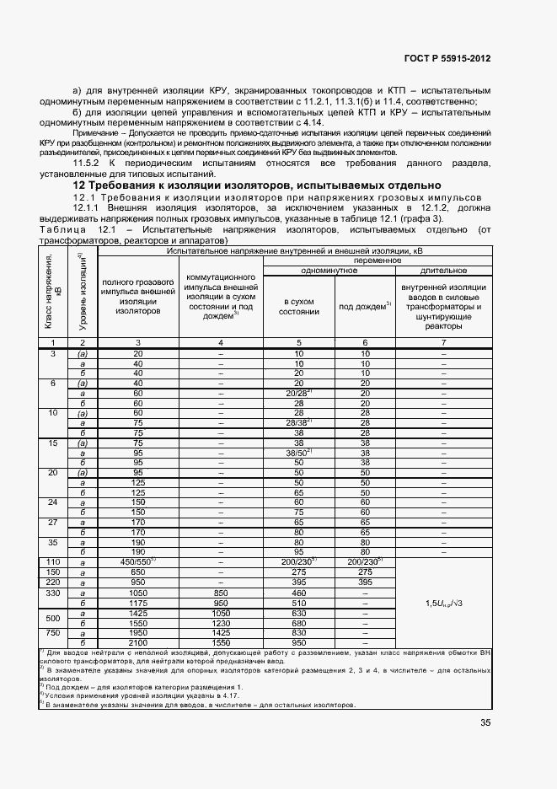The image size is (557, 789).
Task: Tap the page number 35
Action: point(485,722)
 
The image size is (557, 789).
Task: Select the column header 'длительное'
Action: point(443,270)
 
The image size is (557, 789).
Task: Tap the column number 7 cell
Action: point(443,342)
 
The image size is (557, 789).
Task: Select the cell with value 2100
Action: point(138,642)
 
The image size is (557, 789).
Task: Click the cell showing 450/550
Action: point(138,561)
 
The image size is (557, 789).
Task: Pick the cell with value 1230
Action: point(220,623)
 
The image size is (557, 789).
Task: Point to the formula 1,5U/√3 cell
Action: point(443,602)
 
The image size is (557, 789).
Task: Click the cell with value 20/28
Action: point(299,392)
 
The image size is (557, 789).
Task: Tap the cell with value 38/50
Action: point(299,452)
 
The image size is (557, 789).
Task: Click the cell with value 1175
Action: point(138,602)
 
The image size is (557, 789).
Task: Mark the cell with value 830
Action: point(299,632)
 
